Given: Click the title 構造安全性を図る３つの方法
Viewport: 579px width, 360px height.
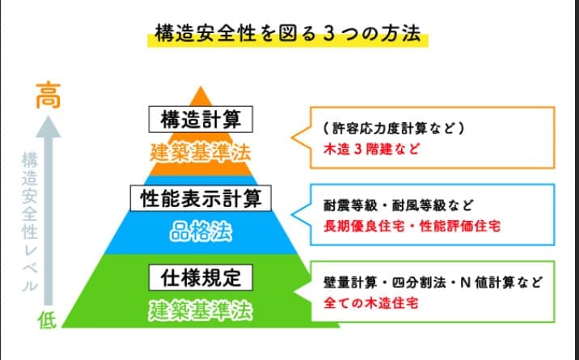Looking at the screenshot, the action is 288,34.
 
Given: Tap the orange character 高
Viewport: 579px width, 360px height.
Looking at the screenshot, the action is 48,95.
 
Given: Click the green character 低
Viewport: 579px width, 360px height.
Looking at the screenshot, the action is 47,320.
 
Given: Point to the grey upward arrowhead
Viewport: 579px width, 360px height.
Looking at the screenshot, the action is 48,127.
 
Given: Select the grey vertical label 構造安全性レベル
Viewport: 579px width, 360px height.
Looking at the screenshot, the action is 30,222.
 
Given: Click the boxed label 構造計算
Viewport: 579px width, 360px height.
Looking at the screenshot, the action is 201,119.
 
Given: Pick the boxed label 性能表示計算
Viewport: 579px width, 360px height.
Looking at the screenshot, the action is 201,198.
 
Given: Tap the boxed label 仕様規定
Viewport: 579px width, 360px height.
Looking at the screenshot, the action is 201,277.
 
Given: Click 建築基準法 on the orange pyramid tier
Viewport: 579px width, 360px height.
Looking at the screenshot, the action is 201,152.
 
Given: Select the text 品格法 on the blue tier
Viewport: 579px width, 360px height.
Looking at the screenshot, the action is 201,232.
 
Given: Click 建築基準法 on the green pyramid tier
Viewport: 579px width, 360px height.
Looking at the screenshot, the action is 201,311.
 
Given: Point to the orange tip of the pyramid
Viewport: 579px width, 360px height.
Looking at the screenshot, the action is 201,87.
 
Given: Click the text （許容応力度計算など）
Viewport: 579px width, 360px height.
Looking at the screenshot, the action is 394,128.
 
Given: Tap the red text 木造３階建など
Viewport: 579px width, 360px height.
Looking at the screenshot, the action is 372,149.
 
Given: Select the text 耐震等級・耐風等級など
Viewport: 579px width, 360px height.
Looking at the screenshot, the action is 398,205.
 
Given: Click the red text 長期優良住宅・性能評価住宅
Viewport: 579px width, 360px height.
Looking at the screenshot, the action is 412,226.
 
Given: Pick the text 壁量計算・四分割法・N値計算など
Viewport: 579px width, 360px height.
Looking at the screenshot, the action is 433,282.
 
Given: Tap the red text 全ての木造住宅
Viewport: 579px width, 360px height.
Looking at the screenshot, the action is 370,303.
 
